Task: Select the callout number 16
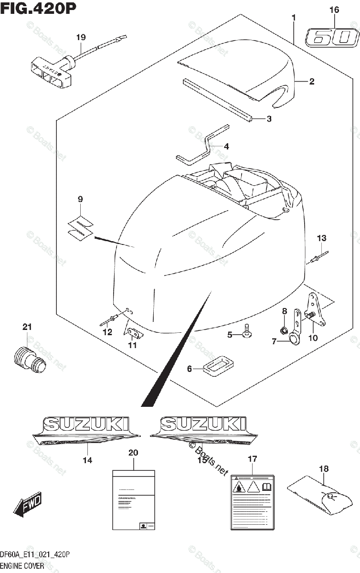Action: (x=334, y=10)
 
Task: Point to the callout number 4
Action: (x=226, y=147)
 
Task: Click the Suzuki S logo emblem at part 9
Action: (x=80, y=227)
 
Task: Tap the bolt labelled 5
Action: (x=247, y=331)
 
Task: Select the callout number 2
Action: (x=311, y=82)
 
